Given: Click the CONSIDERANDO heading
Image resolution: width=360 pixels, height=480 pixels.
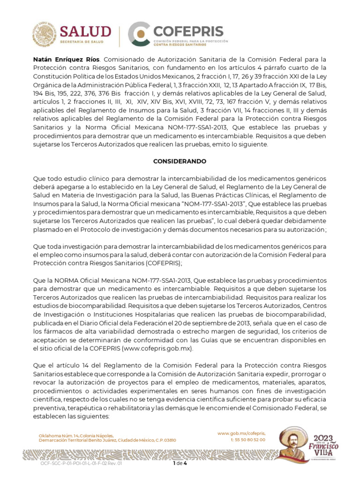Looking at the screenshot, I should (x=180, y=161).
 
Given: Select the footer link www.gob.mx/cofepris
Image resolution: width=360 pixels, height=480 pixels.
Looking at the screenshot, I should (x=241, y=434).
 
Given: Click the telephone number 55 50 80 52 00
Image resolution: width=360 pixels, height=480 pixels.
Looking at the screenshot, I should (x=251, y=440).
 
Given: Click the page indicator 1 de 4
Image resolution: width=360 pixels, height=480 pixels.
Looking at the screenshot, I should (x=180, y=464).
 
